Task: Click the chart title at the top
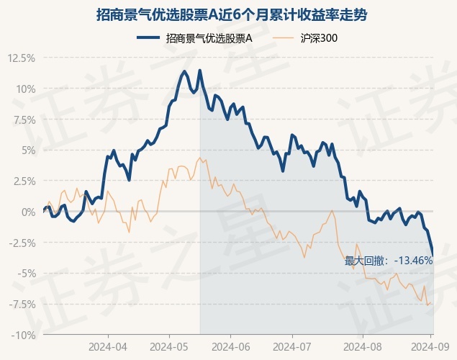tap(232, 15)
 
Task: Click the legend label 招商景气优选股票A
tap(209, 38)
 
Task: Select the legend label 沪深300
tap(319, 38)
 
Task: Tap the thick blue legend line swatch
tap(148, 37)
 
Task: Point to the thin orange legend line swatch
tap(283, 37)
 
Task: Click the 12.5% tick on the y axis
tap(22, 58)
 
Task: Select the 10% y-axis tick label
tap(26, 89)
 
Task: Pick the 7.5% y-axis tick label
tap(24, 120)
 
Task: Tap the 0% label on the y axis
tap(29, 212)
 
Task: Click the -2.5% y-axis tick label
tap(22, 243)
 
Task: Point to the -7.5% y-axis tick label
tap(22, 305)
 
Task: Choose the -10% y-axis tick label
tap(23, 335)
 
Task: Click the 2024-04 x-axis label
tap(108, 347)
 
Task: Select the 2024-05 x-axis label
tap(169, 347)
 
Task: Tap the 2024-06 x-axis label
tap(231, 347)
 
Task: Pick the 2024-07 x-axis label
tap(292, 347)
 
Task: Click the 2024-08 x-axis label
tap(363, 347)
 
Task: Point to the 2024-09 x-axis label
tap(430, 347)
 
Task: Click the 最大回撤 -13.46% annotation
tap(389, 261)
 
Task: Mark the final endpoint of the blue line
tap(433, 256)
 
